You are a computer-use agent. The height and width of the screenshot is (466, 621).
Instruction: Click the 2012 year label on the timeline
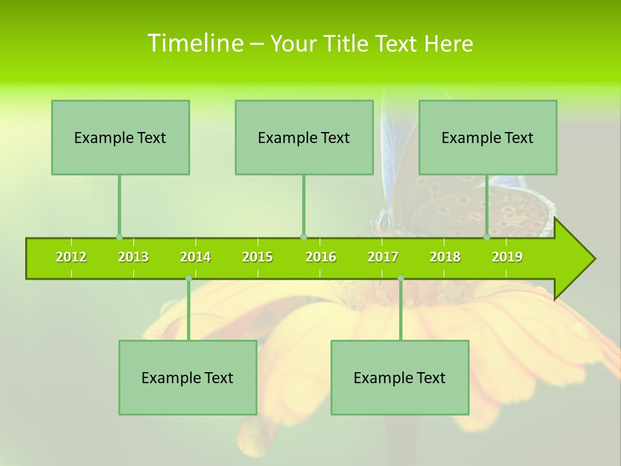click(x=71, y=257)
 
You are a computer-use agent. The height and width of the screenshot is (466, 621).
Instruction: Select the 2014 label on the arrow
click(x=195, y=257)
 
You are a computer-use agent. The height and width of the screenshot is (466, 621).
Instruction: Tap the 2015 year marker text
click(x=257, y=257)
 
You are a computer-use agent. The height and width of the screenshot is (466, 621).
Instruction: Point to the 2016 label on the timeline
click(x=321, y=257)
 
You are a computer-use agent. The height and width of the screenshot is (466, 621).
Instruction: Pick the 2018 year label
click(x=445, y=257)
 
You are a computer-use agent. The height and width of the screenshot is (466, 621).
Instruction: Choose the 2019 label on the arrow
click(x=507, y=257)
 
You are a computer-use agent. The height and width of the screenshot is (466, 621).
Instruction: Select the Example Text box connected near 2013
click(x=120, y=137)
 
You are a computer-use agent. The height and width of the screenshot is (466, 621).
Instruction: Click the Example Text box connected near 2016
click(x=304, y=137)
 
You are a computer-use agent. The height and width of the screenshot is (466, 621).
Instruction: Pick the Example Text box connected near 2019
click(x=488, y=137)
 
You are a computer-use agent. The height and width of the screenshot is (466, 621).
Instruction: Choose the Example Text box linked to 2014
click(x=188, y=377)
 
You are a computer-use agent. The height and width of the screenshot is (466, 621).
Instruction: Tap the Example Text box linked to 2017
click(x=400, y=377)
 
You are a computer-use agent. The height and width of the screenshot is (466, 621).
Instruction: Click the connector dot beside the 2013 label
click(x=119, y=237)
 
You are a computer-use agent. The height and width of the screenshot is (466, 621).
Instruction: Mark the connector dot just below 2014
click(x=188, y=278)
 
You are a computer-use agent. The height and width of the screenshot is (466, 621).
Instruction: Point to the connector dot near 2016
click(x=303, y=237)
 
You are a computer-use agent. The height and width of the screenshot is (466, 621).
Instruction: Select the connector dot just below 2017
click(x=400, y=278)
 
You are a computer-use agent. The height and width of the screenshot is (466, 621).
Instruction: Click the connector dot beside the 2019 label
click(x=486, y=237)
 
